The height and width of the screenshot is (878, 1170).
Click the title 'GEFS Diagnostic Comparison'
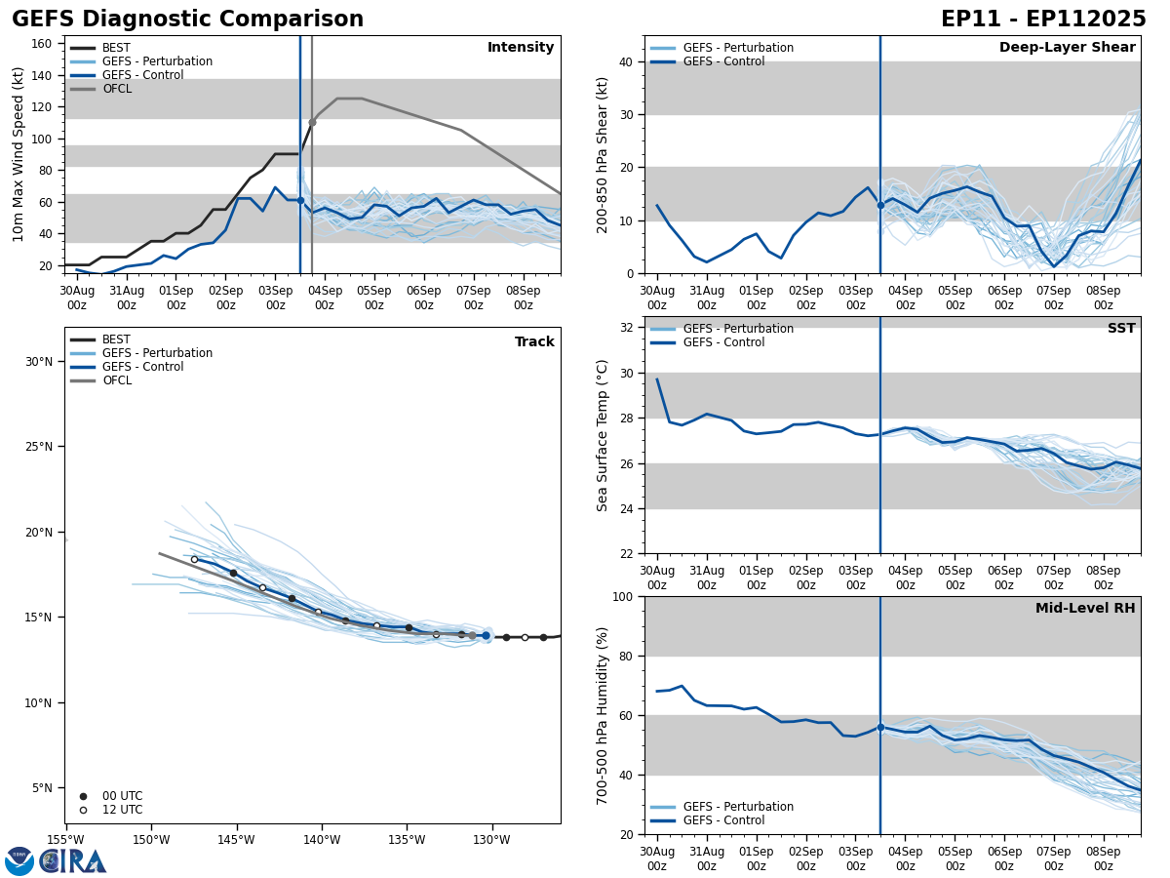click(x=187, y=20)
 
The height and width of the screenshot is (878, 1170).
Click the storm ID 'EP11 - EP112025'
click(x=1043, y=20)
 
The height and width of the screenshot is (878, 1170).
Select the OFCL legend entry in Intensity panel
click(x=116, y=89)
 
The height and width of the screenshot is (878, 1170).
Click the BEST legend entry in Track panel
click(x=116, y=339)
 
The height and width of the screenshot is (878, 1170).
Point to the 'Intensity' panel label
click(x=521, y=48)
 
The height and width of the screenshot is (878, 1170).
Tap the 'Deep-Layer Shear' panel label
click(x=1067, y=48)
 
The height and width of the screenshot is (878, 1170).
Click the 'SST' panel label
click(x=1121, y=329)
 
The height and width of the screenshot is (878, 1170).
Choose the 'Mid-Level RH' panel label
click(x=1085, y=609)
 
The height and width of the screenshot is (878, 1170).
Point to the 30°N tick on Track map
click(x=38, y=362)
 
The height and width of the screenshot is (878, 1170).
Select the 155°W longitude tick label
click(x=65, y=840)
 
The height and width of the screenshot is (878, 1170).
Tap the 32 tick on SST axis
click(x=628, y=329)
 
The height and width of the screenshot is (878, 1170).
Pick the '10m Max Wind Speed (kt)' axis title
click(x=19, y=154)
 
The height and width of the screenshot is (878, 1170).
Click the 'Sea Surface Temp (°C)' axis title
click(x=603, y=435)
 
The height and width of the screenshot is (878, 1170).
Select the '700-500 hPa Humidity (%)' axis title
click(x=603, y=715)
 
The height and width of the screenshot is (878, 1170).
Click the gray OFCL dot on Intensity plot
click(x=312, y=122)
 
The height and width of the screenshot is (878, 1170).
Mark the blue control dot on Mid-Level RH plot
click(x=880, y=727)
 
